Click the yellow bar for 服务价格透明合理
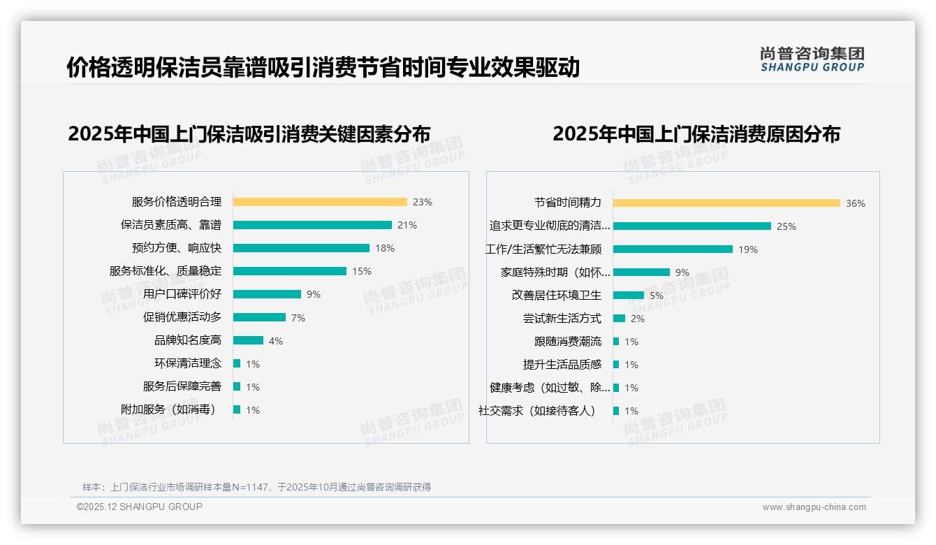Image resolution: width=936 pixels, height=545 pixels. (319, 202)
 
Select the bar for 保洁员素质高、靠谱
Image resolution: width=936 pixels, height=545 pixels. (312, 225)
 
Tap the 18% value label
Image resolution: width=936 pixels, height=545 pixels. (385, 248)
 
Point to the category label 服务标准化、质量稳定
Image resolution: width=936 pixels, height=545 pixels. (165, 271)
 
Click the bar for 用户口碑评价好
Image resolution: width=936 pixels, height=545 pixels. (267, 294)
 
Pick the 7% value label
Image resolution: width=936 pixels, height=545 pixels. (298, 318)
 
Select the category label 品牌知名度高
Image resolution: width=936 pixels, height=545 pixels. (187, 340)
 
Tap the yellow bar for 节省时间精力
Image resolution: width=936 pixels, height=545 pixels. (726, 203)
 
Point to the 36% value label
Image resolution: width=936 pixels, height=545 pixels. (856, 204)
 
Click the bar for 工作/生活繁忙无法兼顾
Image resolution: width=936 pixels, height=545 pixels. (673, 249)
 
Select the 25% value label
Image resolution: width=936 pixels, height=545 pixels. (787, 226)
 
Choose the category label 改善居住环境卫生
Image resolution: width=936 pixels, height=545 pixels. (556, 296)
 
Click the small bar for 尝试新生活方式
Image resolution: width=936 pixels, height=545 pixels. (619, 319)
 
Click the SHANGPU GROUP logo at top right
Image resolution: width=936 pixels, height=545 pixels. (812, 59)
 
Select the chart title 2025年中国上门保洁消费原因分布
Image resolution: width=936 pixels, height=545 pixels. (696, 133)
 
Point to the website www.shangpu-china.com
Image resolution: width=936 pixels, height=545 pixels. (814, 507)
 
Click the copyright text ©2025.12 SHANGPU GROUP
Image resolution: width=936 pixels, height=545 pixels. (140, 507)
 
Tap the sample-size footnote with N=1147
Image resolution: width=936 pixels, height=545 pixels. (256, 487)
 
